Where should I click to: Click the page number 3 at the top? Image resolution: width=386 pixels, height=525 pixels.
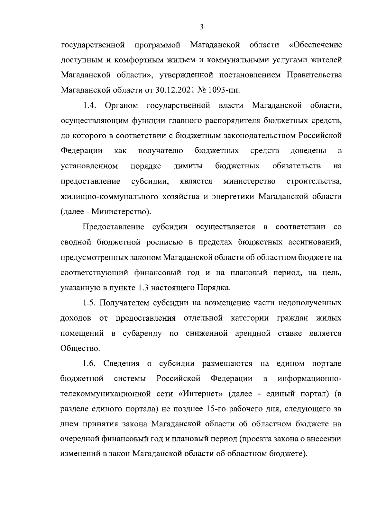tap(201, 27)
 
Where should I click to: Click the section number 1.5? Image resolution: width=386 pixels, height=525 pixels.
tap(91, 303)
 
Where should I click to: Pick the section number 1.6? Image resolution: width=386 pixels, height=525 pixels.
tap(91, 363)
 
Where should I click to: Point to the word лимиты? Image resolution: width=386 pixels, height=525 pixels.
tap(188, 166)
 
